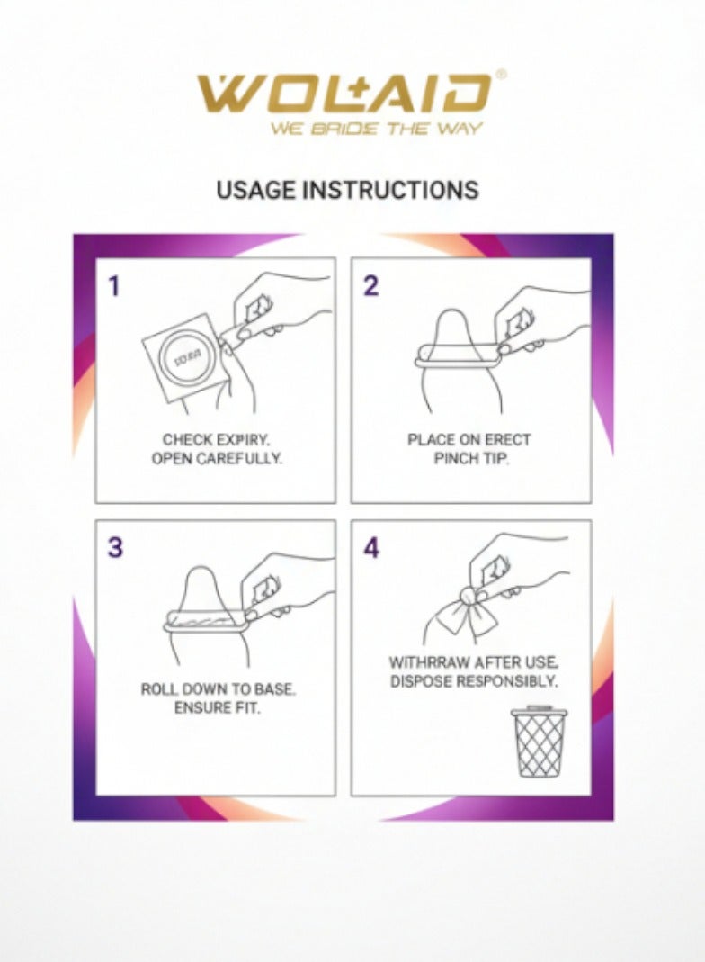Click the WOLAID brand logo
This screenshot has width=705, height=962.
click(x=344, y=94)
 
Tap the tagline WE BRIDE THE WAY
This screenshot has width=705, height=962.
click(x=377, y=129)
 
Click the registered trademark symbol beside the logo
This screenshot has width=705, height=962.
click(x=500, y=76)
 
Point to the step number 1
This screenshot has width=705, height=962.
click(x=113, y=287)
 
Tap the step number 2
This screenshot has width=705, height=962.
click(x=370, y=287)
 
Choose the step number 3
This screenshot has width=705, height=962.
click(x=114, y=548)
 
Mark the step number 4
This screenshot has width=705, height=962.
click(x=371, y=548)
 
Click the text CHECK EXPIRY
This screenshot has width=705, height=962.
click(x=216, y=440)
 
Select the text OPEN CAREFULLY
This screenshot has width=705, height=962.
click(x=216, y=458)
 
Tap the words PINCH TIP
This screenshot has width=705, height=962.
click(x=469, y=458)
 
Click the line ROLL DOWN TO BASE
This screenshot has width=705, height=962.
click(x=218, y=690)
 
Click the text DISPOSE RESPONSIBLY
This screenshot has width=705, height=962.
click(x=474, y=681)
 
